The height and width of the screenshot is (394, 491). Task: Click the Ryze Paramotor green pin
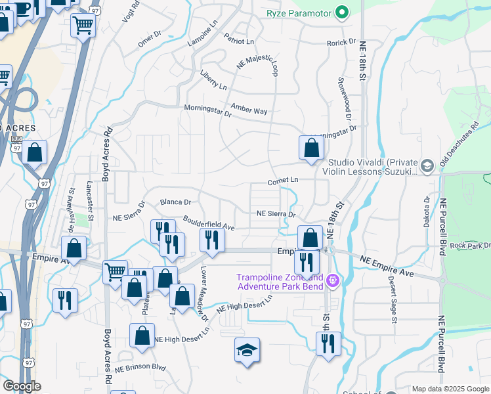click(341, 12)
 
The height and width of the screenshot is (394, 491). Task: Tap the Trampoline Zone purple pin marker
click(333, 281)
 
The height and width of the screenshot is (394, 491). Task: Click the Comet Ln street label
click(283, 180)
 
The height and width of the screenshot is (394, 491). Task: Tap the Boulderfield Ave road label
click(209, 223)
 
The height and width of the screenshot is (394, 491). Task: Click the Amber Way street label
click(249, 109)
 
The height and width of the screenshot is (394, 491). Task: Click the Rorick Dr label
click(341, 43)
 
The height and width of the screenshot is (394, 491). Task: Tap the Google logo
click(22, 386)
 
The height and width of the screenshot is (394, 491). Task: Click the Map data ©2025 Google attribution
click(450, 389)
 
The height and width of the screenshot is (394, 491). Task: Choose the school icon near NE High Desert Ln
click(247, 351)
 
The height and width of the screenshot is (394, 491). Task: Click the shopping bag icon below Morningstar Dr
click(311, 148)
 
